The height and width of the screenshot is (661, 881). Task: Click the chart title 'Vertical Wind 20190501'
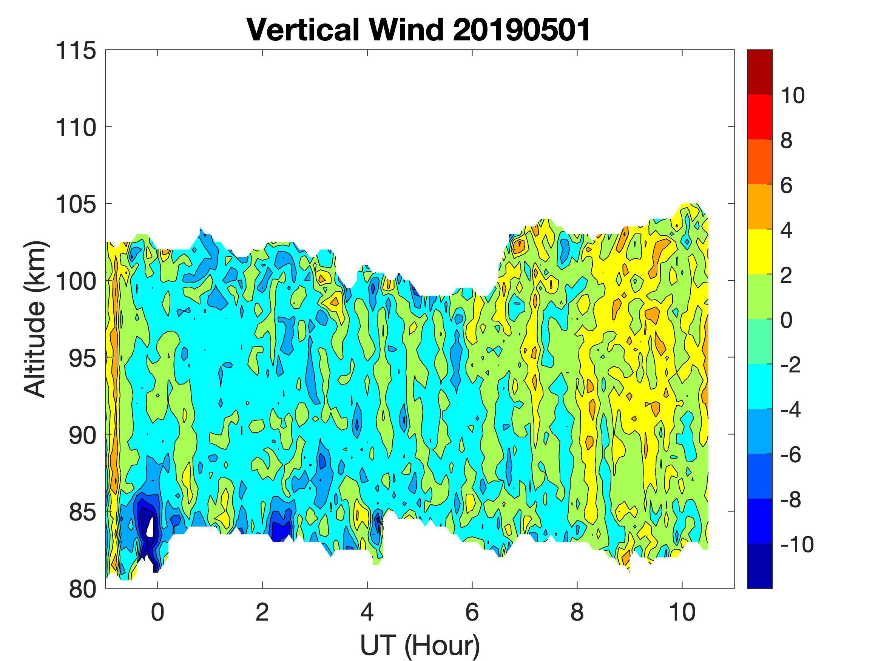(418, 30)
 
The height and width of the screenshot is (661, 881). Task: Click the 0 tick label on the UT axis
(158, 613)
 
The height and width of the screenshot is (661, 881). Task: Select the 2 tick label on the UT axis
(262, 613)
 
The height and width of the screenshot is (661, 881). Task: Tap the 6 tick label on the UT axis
(472, 613)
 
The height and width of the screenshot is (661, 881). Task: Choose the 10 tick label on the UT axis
(682, 613)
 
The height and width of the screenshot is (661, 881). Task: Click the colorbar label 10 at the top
(792, 96)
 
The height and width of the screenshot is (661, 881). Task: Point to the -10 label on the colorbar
(796, 544)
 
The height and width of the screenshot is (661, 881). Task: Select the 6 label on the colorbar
(786, 185)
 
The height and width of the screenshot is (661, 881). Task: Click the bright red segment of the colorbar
(759, 117)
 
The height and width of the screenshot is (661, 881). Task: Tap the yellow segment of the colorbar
(759, 252)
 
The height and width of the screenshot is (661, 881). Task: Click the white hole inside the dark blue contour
(151, 528)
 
